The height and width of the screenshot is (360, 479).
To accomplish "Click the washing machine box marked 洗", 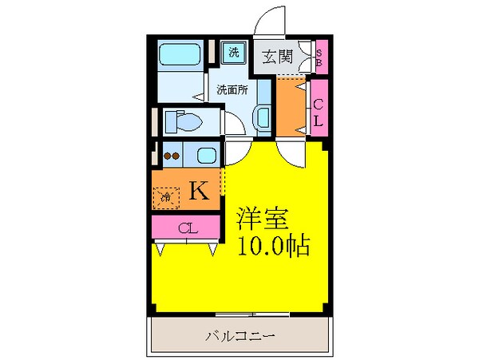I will pyautogui.click(x=234, y=53).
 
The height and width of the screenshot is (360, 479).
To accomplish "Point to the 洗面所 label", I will pyautogui.click(x=232, y=89).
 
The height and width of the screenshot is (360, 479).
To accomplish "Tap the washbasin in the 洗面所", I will pyautogui.click(x=264, y=116).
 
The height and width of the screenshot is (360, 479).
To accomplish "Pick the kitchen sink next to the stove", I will pyautogui.click(x=205, y=155).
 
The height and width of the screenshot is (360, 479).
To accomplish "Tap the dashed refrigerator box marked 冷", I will pyautogui.click(x=168, y=196).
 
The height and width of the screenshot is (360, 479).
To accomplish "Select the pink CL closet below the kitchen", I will pyautogui.click(x=186, y=229).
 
